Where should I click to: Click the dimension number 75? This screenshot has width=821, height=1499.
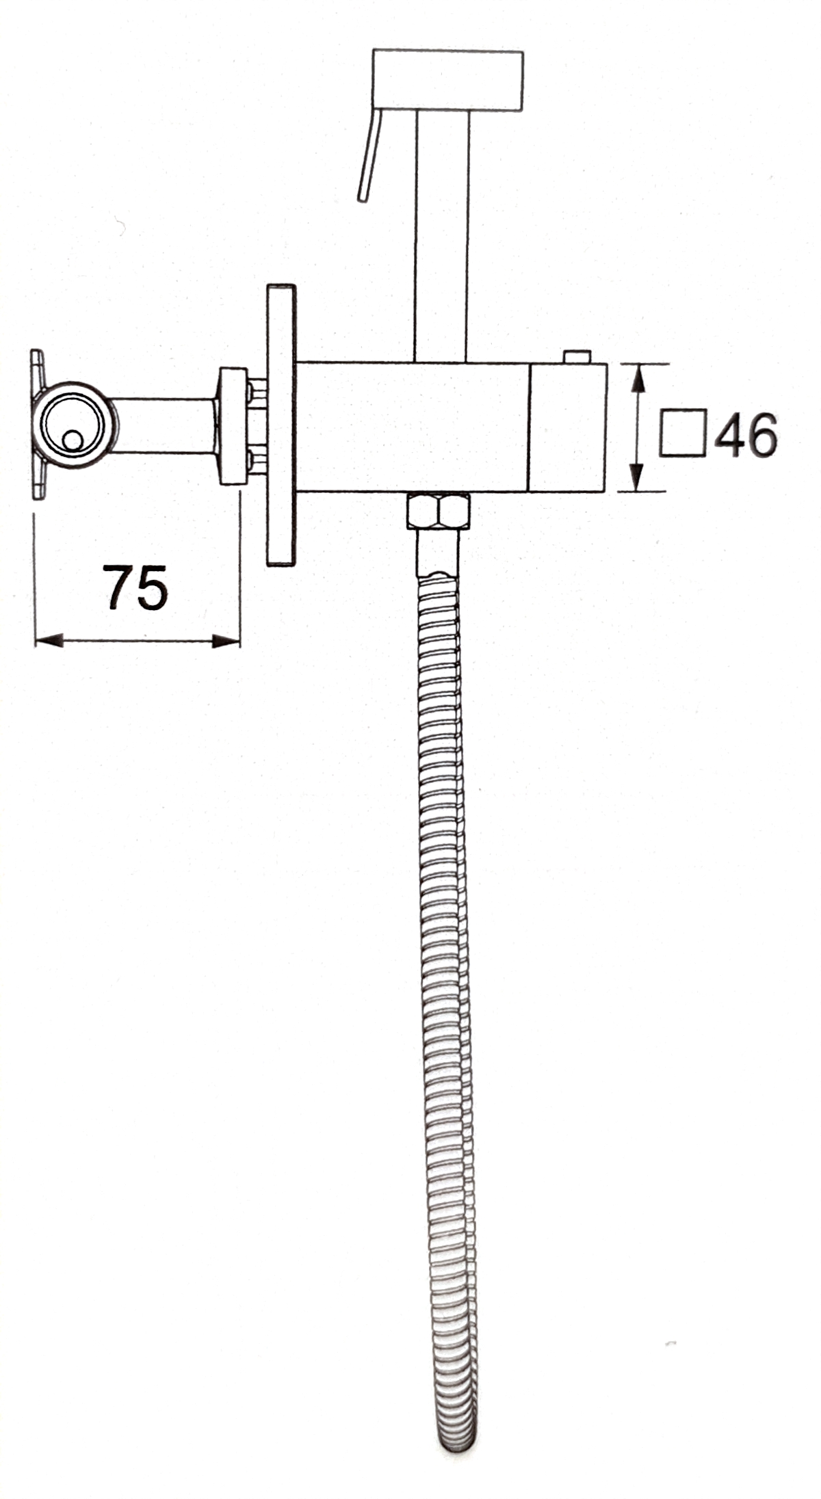tap(137, 587)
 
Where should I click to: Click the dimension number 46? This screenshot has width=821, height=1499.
tap(746, 435)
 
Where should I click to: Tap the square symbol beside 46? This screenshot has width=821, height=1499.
tap(682, 432)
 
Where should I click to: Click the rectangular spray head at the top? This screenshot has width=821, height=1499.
tap(447, 80)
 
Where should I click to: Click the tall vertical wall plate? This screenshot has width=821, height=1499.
tap(282, 425)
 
